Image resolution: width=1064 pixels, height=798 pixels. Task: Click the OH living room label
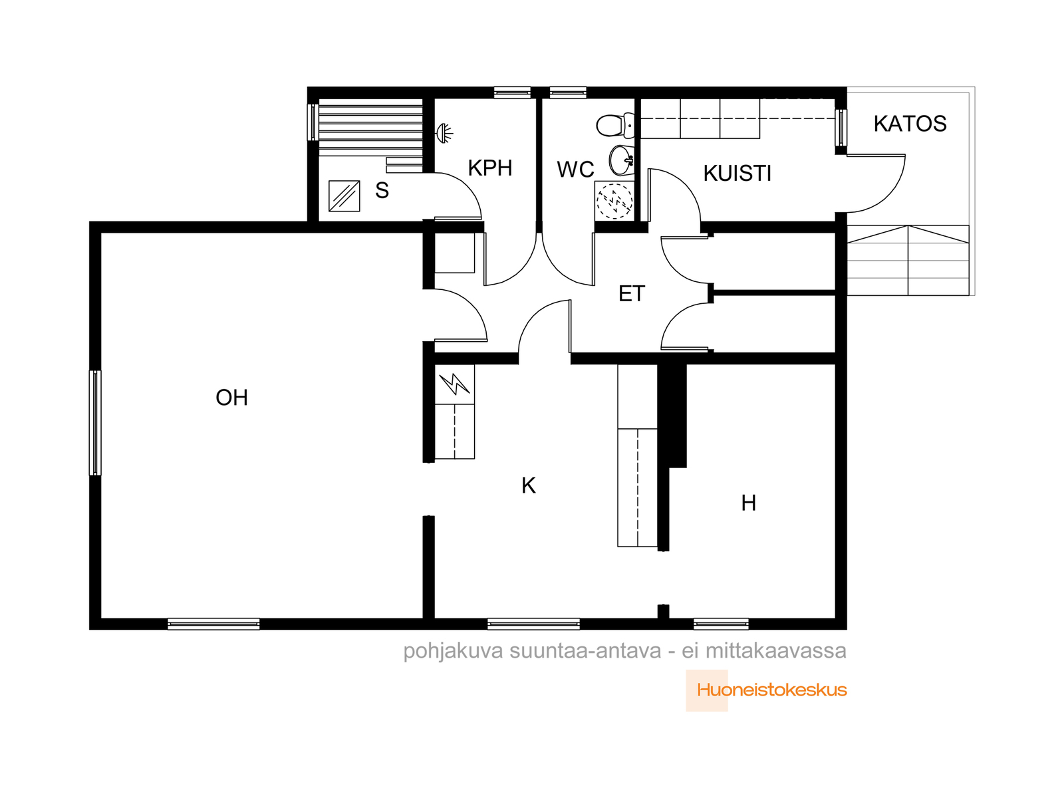[x=231, y=398]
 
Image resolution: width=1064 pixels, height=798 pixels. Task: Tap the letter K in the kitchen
[x=529, y=485]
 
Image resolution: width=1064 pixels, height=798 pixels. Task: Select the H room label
[x=748, y=503]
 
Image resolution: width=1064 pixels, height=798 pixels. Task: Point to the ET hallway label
[x=632, y=294]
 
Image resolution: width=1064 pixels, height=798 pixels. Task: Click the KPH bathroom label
[x=489, y=168]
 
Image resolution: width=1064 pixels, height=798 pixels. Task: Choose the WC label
[x=575, y=170]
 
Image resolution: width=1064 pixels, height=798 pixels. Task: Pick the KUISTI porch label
[x=737, y=174]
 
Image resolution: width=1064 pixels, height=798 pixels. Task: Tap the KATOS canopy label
[x=910, y=124]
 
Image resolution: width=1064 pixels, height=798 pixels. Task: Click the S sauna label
[x=382, y=190]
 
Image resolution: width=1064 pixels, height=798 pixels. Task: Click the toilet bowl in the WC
[x=614, y=125]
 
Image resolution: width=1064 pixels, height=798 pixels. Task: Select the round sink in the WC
[x=621, y=160]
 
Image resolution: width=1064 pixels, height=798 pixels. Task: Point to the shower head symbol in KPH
[x=444, y=133]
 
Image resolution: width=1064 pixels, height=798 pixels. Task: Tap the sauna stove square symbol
[x=344, y=196]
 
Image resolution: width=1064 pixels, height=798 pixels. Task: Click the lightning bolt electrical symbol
[x=455, y=384]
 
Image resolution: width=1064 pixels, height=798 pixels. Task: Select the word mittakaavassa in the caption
[x=775, y=651]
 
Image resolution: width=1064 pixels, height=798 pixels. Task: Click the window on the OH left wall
[x=96, y=422]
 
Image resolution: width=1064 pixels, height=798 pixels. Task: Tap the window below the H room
[x=721, y=624]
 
